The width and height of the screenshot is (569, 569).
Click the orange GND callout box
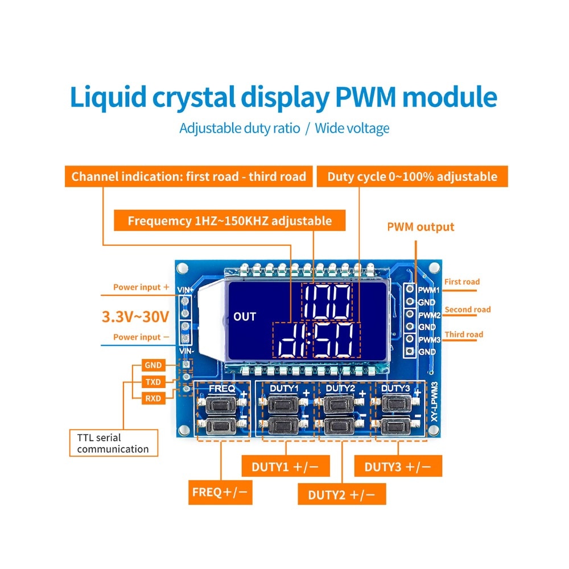[x=153, y=365]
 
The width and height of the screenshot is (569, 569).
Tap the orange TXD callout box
[x=153, y=382]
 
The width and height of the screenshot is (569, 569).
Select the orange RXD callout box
[x=153, y=398]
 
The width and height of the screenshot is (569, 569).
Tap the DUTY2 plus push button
[x=336, y=406]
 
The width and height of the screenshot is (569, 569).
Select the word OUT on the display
[x=245, y=317]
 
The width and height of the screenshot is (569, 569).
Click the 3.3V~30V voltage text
[x=135, y=316]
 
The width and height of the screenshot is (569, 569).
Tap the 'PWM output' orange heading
[x=420, y=227]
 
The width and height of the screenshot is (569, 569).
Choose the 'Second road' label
[x=467, y=310]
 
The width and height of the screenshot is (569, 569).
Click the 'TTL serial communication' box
[x=114, y=443]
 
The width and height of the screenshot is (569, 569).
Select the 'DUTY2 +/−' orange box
[x=341, y=494]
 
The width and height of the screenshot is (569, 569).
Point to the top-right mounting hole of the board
[x=434, y=268]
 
